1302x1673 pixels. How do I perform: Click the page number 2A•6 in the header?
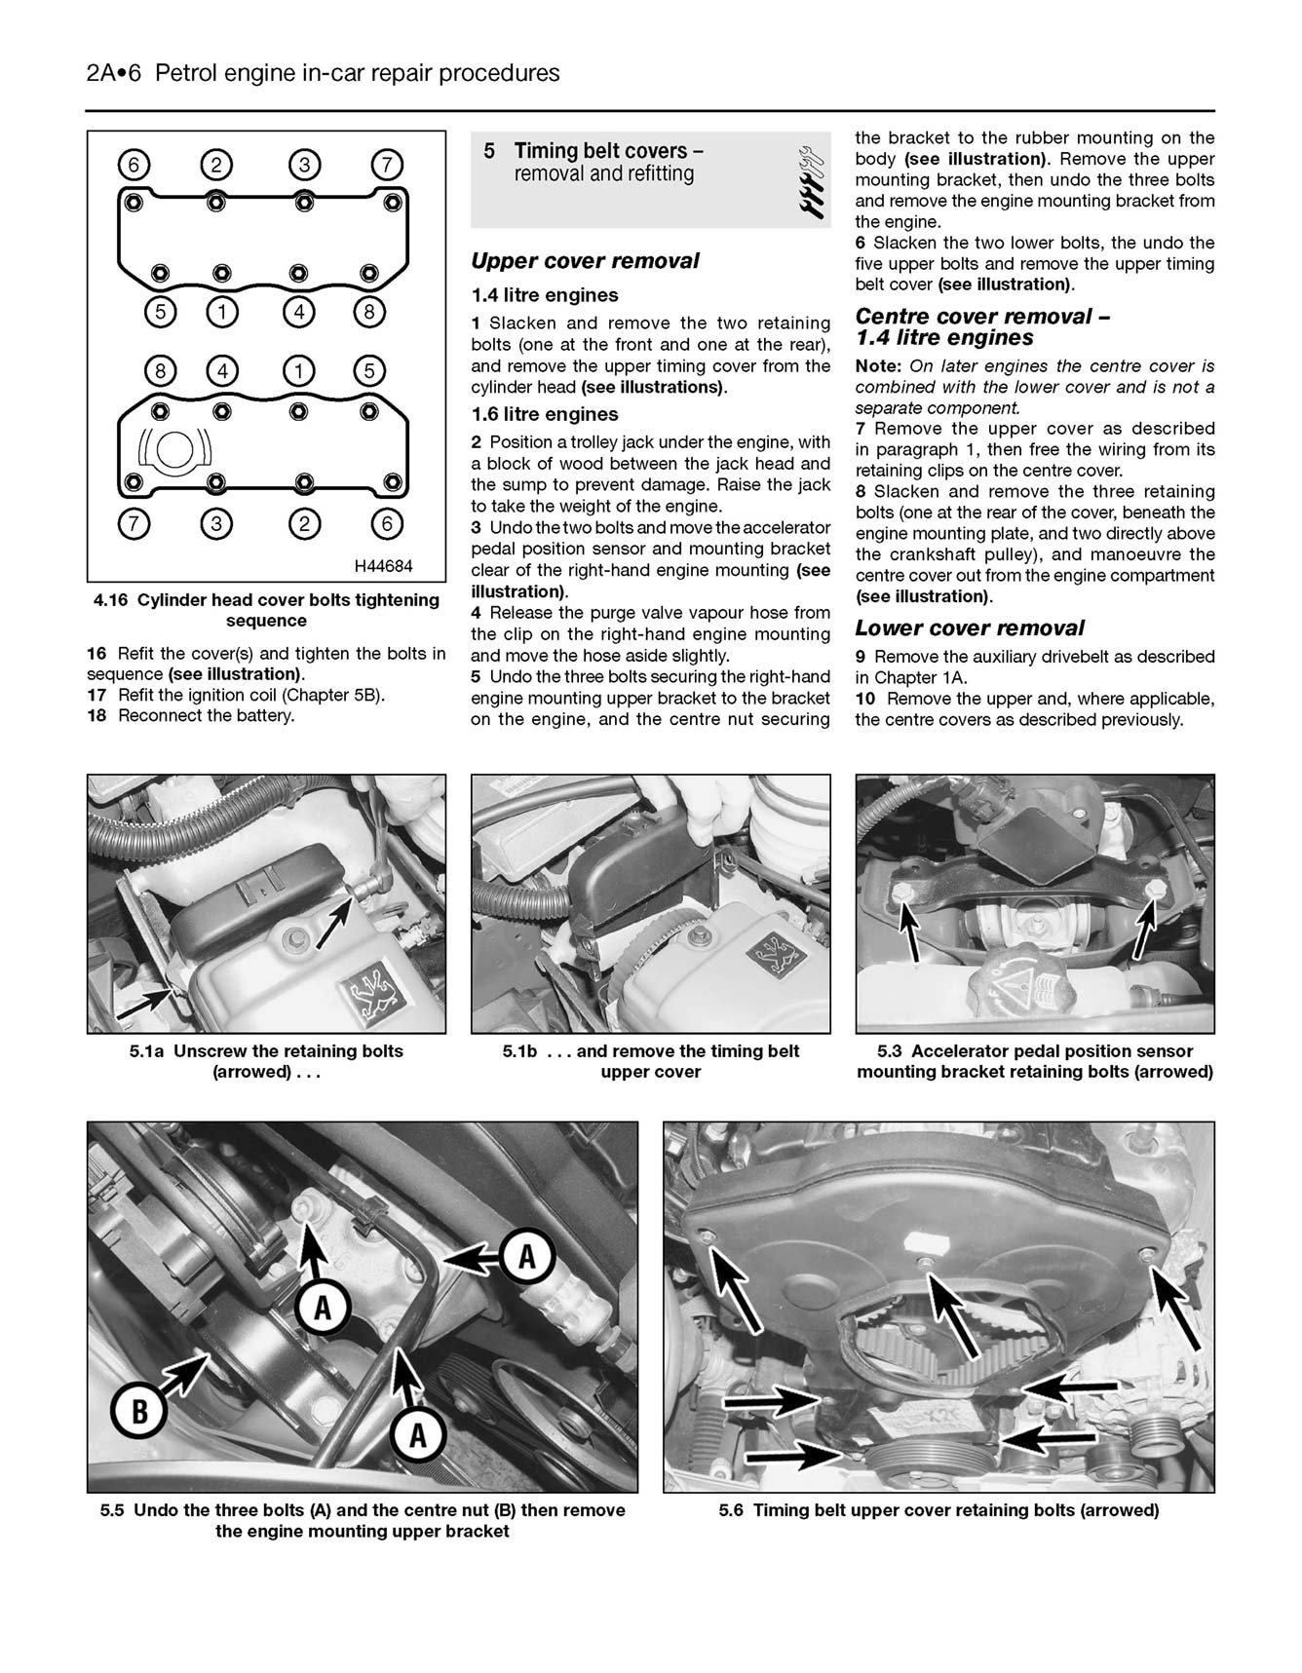click(x=115, y=73)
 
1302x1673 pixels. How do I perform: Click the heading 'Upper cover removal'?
click(x=585, y=261)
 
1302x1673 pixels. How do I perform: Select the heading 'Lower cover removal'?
click(x=970, y=628)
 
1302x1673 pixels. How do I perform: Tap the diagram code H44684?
click(x=383, y=565)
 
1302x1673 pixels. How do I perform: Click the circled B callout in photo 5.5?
click(x=139, y=1410)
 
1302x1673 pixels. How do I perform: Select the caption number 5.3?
click(x=890, y=1051)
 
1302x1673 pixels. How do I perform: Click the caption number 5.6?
click(x=732, y=1511)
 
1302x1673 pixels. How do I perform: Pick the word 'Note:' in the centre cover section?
click(x=880, y=366)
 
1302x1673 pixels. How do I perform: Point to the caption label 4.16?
click(x=111, y=600)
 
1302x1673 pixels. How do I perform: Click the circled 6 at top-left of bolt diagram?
click(x=134, y=166)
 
